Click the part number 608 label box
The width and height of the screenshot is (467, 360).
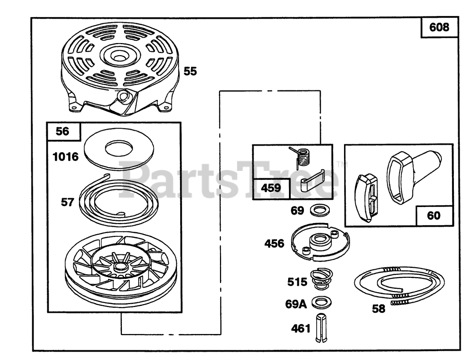[439, 27]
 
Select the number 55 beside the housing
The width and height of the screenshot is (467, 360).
[190, 71]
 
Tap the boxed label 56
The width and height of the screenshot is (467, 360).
[63, 131]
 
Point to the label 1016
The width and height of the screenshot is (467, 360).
[65, 157]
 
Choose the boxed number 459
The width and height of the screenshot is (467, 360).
[271, 188]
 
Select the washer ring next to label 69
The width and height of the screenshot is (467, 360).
[318, 210]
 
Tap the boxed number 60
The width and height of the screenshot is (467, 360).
[434, 215]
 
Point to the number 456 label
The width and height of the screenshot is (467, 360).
[274, 243]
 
